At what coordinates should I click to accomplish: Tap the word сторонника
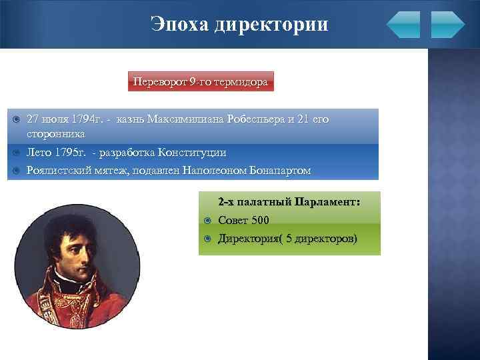point(55,133)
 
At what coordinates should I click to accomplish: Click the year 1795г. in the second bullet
point(69,153)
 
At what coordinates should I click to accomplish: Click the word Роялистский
point(59,170)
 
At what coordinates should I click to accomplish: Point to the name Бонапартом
point(280,170)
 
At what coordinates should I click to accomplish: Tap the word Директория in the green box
point(247,239)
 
